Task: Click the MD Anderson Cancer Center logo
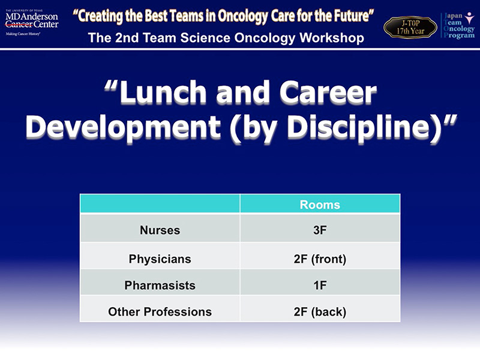tap(32, 23)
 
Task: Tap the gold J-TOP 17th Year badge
tap(410, 27)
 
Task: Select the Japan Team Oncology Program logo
tap(458, 25)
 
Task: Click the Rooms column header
tap(320, 205)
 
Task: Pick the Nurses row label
tap(160, 230)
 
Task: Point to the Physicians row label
tap(160, 259)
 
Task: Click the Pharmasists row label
tap(160, 286)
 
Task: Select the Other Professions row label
tap(160, 311)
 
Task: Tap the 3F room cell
tap(320, 230)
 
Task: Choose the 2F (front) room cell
tap(320, 259)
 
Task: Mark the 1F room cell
tap(320, 286)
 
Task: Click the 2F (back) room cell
tap(320, 311)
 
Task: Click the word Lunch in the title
tap(163, 92)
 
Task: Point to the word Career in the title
tap(328, 92)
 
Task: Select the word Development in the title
tap(123, 127)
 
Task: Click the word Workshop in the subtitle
tap(332, 38)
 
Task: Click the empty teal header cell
tap(160, 203)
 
